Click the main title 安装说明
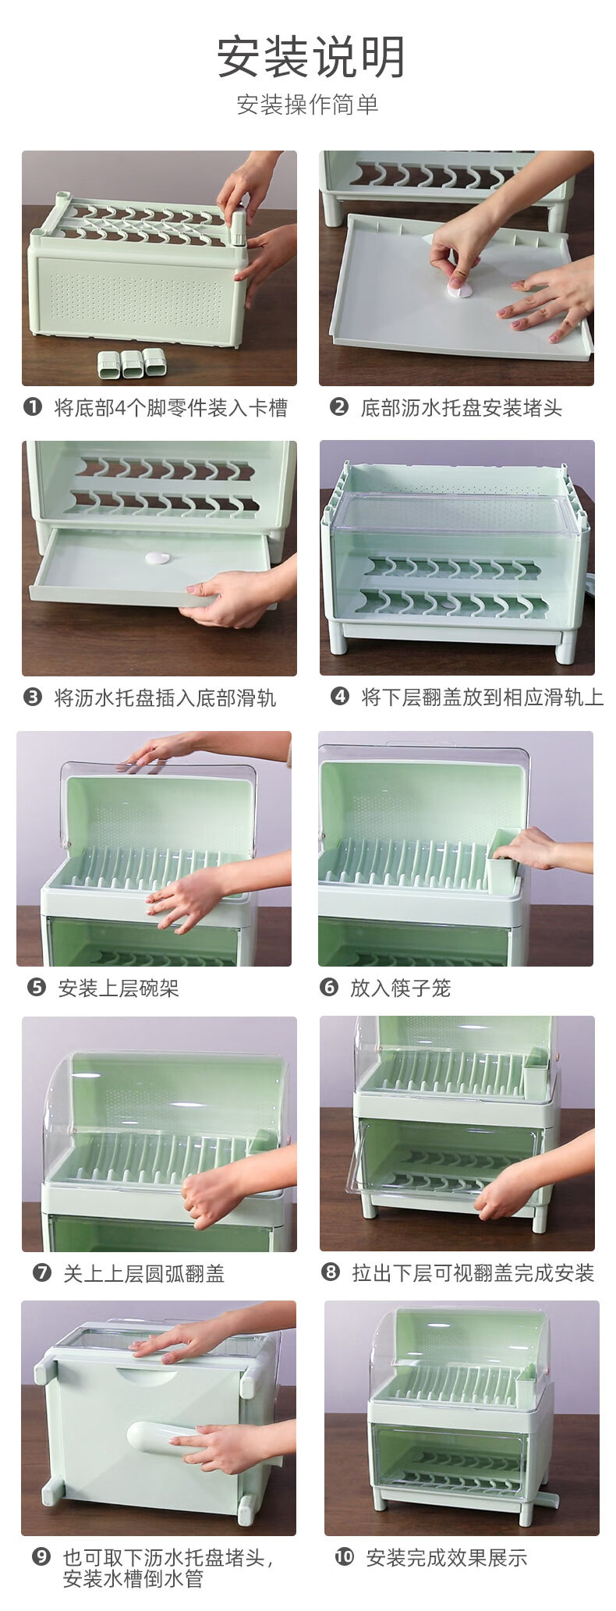point(310,58)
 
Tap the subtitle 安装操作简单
point(308,105)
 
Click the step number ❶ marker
point(33,406)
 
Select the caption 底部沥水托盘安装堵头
point(461,408)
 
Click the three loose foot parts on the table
point(132,364)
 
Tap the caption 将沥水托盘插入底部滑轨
point(165,697)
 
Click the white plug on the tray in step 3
point(158,558)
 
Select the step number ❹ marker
point(340,696)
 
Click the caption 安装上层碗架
point(119,988)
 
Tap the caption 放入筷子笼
point(400,988)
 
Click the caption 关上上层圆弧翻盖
point(143,1274)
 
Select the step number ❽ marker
point(331,1272)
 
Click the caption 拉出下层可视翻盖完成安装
point(473,1273)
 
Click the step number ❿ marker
point(344,1557)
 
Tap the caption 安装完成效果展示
point(447,1558)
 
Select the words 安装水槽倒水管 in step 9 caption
point(133,1579)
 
